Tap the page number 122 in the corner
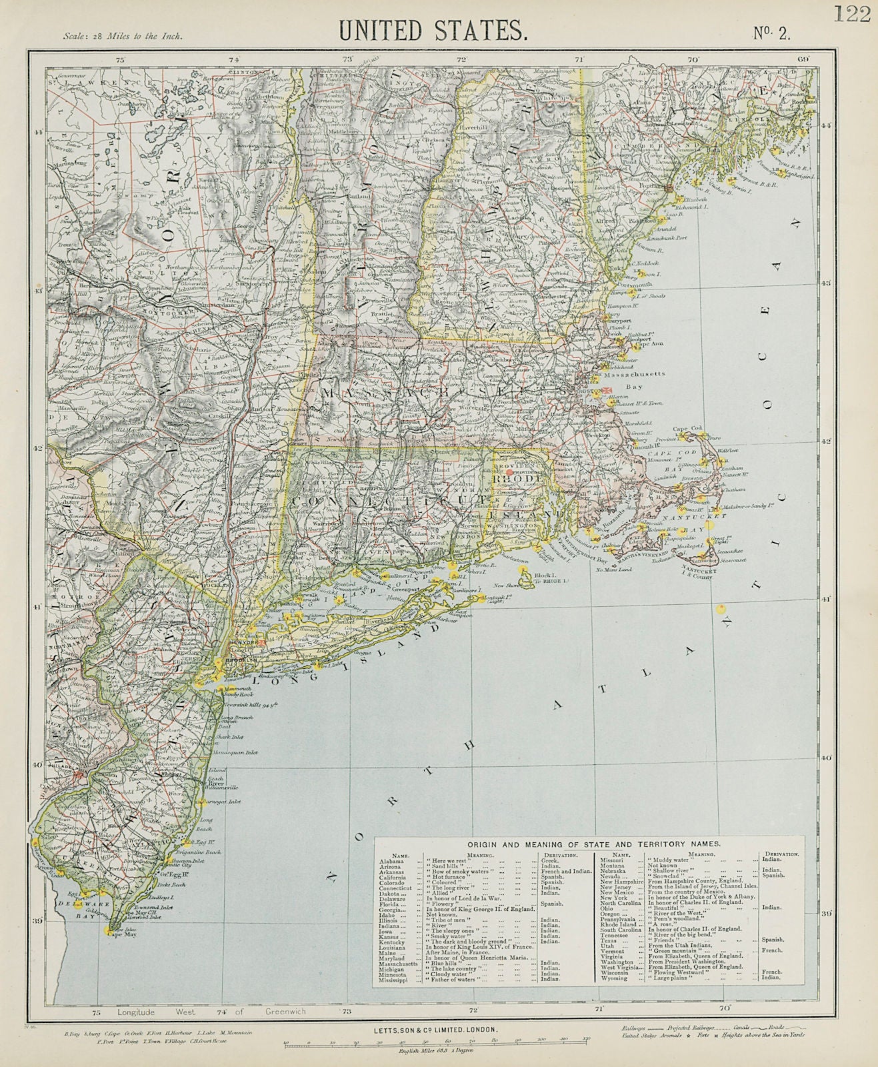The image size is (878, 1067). pyautogui.click(x=851, y=14)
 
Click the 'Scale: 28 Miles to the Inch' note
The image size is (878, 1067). pyautogui.click(x=123, y=37)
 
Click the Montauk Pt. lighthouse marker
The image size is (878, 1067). pyautogui.click(x=478, y=598)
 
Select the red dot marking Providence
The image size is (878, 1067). pyautogui.click(x=510, y=471)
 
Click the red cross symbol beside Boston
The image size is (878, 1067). pyautogui.click(x=607, y=391)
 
